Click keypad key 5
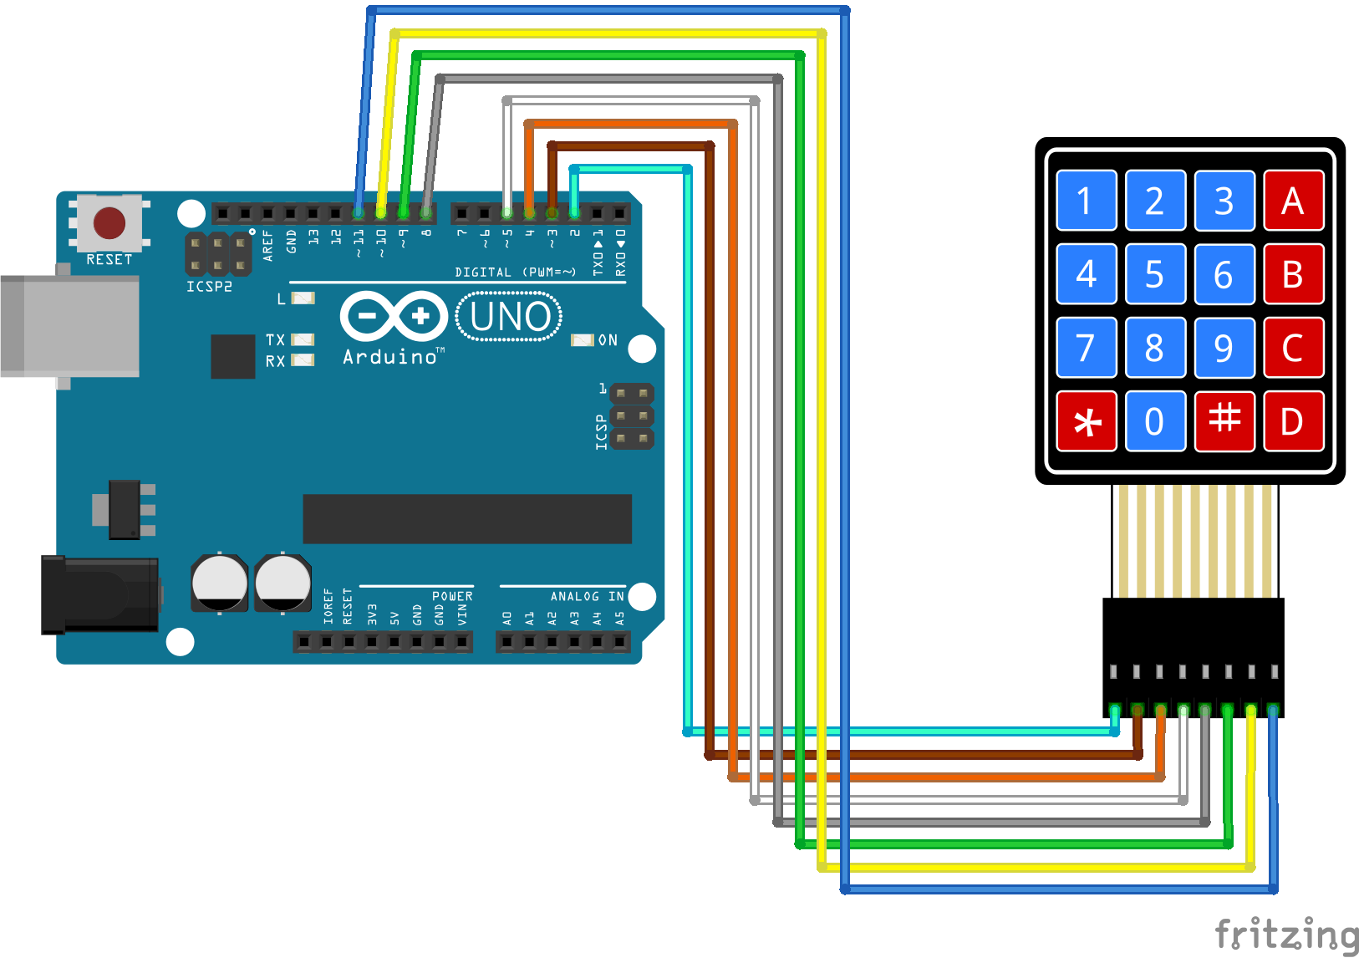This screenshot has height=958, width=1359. pyautogui.click(x=1154, y=274)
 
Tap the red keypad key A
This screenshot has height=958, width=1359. pyautogui.click(x=1293, y=201)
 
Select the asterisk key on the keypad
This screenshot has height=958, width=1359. pyautogui.click(x=1086, y=421)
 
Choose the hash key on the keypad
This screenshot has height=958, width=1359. pyautogui.click(x=1224, y=420)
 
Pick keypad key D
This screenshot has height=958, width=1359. pyautogui.click(x=1293, y=421)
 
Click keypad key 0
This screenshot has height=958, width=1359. pyautogui.click(x=1154, y=421)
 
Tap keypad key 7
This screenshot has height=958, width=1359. pyautogui.click(x=1086, y=348)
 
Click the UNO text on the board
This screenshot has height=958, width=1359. pyautogui.click(x=510, y=317)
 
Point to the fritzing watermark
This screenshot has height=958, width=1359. pyautogui.click(x=1285, y=934)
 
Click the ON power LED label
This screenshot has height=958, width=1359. pyautogui.click(x=608, y=340)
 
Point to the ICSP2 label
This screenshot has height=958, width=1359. pyautogui.click(x=209, y=287)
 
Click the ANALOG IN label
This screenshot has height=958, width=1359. pyautogui.click(x=586, y=596)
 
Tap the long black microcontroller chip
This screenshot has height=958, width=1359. pyautogui.click(x=466, y=518)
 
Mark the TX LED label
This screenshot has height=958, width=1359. pyautogui.click(x=275, y=339)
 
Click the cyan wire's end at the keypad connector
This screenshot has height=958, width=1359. pyautogui.click(x=1114, y=711)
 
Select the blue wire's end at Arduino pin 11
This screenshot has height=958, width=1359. pyautogui.click(x=359, y=213)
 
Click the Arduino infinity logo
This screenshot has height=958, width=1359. pyautogui.click(x=394, y=316)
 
